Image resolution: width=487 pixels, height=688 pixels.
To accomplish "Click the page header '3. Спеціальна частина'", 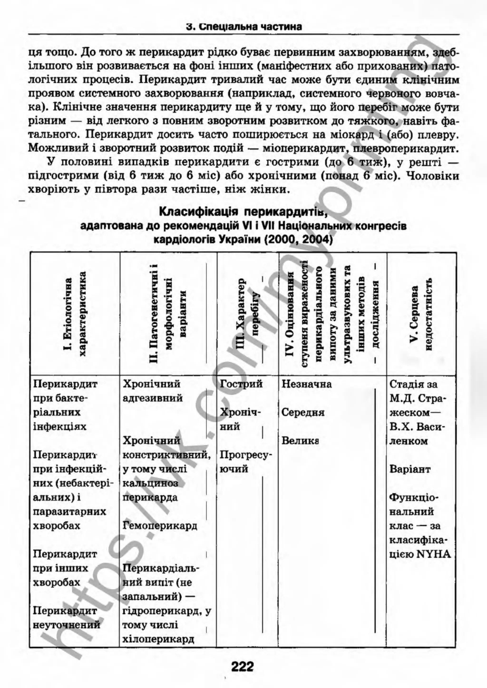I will click(244, 27).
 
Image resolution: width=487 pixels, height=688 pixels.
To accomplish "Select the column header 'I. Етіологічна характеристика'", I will click(75, 314).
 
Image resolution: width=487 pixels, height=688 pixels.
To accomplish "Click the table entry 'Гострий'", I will click(241, 384).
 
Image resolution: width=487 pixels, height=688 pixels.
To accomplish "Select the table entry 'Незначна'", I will click(307, 384).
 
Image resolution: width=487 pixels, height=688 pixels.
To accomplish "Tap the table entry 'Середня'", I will click(303, 412).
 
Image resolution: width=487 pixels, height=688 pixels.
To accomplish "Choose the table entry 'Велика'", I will click(300, 441).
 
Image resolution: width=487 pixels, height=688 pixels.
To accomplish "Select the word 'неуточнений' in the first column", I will click(67, 625).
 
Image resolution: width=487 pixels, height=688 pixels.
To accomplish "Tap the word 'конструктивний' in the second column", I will click(167, 455).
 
